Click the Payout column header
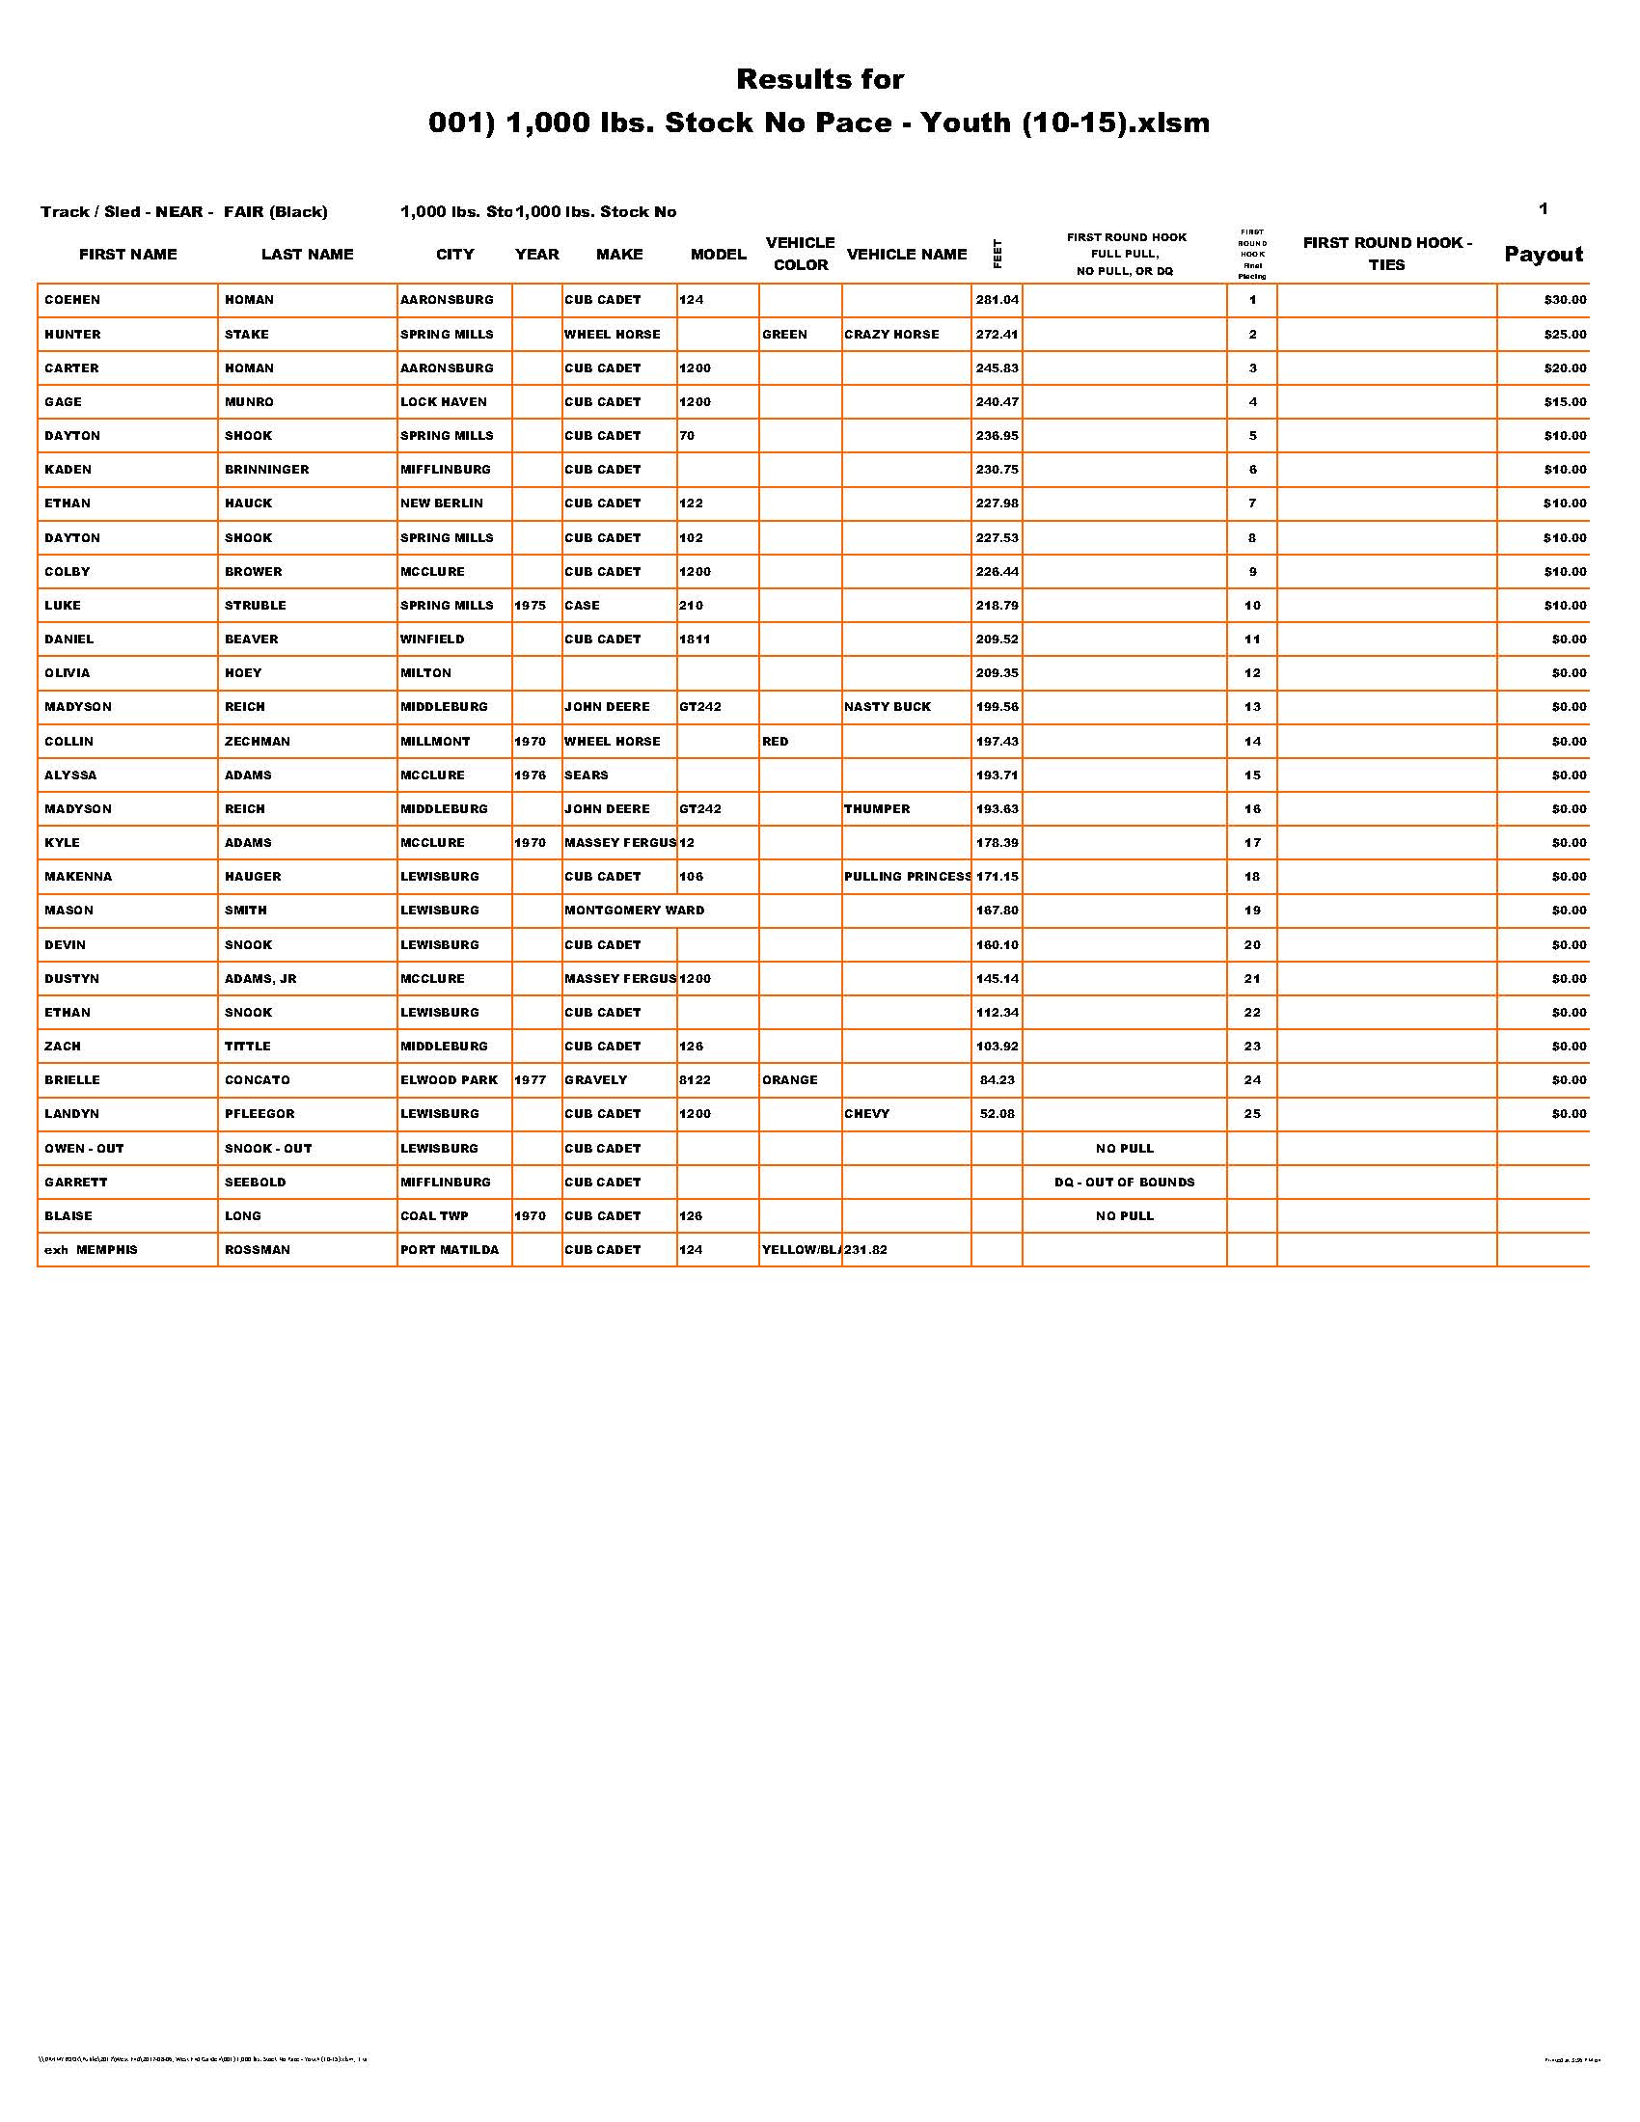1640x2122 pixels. click(1543, 255)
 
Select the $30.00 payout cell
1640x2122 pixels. click(1564, 300)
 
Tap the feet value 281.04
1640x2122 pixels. click(997, 300)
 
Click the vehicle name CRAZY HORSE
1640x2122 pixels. click(891, 335)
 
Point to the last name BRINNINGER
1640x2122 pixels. click(266, 470)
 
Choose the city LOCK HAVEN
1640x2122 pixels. click(443, 401)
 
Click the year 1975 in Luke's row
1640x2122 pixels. click(530, 606)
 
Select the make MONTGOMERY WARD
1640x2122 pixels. click(635, 911)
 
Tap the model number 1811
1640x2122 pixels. click(695, 639)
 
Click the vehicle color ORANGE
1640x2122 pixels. click(789, 1079)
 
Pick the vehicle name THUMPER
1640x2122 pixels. click(876, 808)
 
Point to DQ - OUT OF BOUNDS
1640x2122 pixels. click(1124, 1183)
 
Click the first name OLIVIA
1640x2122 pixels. click(67, 672)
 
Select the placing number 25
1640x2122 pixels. click(1252, 1113)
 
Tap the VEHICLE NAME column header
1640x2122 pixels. click(907, 255)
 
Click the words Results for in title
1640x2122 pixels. click(819, 79)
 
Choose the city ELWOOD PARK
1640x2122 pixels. click(449, 1079)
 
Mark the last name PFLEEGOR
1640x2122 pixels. click(259, 1113)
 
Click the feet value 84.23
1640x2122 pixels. click(997, 1079)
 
